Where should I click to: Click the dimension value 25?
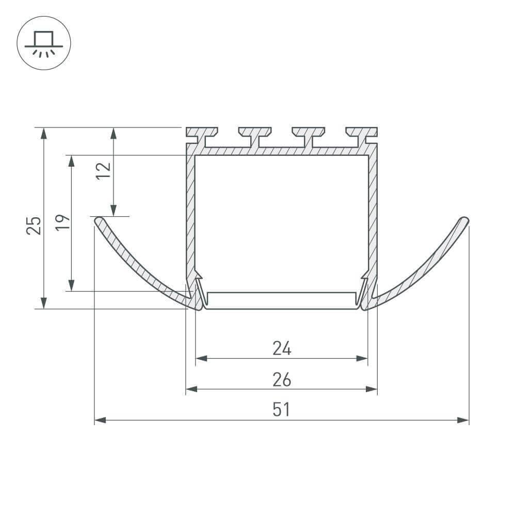[x=34, y=225]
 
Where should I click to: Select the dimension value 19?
[x=62, y=222]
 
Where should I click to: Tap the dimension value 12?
[x=103, y=170]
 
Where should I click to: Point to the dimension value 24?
[x=282, y=348]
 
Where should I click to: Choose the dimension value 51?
[x=281, y=410]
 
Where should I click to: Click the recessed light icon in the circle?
[x=44, y=43]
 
